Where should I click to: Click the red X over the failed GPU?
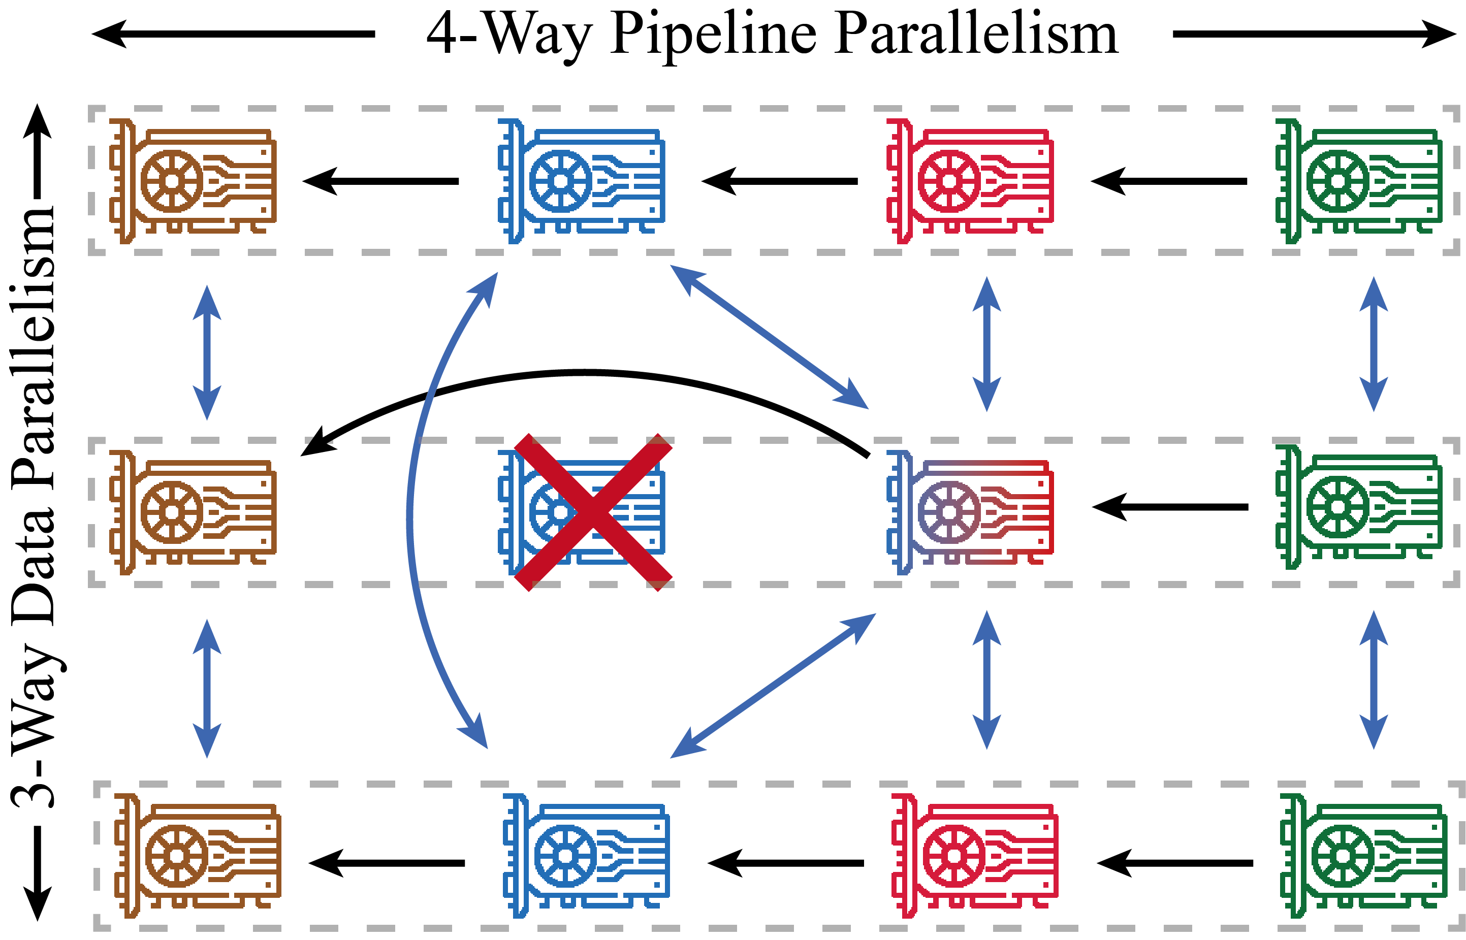pyautogui.click(x=593, y=512)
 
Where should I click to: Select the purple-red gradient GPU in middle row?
pyautogui.click(x=970, y=512)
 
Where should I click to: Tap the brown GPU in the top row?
pyautogui.click(x=193, y=181)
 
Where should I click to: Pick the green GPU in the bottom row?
pyautogui.click(x=1363, y=856)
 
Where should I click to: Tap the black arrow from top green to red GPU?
pyautogui.click(x=1169, y=181)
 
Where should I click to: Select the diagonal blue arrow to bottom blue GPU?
pyautogui.click(x=773, y=686)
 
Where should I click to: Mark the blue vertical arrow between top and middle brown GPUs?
pyautogui.click(x=206, y=353)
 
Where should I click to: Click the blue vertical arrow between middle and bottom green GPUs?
pyautogui.click(x=1374, y=680)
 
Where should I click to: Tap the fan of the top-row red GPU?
pyautogui.click(x=949, y=181)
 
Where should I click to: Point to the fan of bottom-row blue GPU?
pyautogui.click(x=565, y=856)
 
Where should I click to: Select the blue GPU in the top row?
pyautogui.click(x=581, y=181)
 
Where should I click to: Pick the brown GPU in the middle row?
pyautogui.click(x=193, y=512)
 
